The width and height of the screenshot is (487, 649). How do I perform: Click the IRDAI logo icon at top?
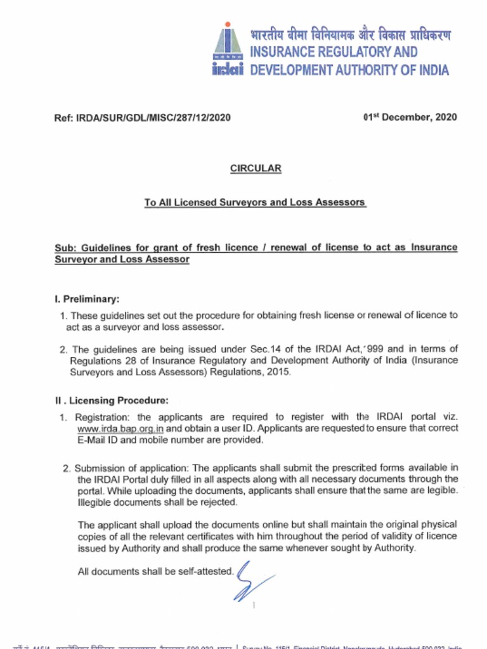[x=228, y=49]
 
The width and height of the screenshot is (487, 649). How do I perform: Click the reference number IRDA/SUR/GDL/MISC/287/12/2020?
[x=143, y=117]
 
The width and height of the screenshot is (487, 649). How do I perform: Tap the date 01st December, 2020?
[x=409, y=117]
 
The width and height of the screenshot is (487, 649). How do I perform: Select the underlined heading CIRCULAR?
[x=255, y=169]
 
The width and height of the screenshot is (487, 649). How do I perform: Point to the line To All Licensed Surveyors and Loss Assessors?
[x=255, y=203]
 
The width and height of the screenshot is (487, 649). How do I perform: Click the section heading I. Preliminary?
[x=87, y=299]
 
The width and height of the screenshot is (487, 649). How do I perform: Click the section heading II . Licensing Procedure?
[x=112, y=401]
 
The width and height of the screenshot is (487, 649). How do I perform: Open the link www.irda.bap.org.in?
[x=120, y=428]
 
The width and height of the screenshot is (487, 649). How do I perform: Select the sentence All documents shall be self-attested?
[x=155, y=572]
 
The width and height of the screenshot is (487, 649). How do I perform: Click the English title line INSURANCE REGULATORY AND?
[x=334, y=52]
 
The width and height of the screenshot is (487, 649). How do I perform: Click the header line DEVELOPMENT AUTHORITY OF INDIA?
[x=349, y=70]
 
